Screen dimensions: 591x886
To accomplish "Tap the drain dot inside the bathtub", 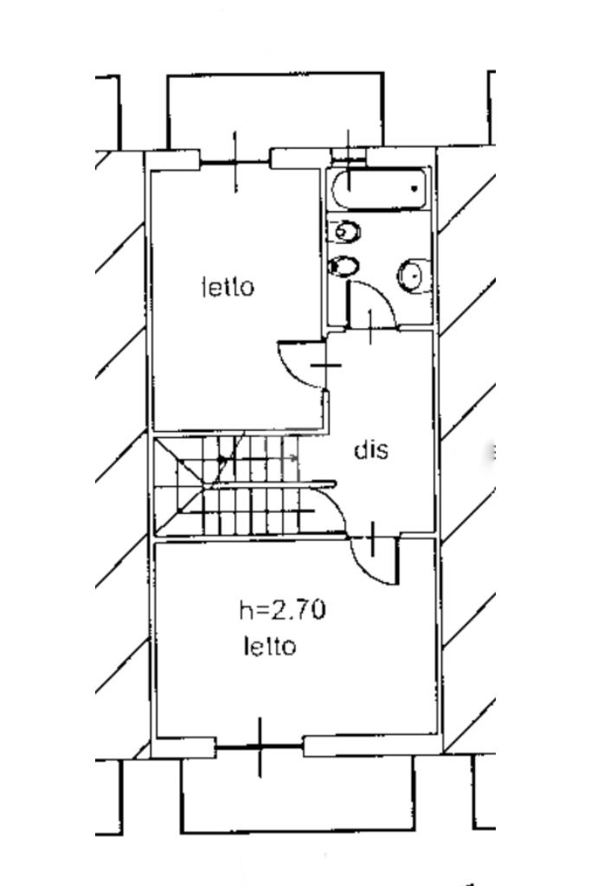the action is point(414,188).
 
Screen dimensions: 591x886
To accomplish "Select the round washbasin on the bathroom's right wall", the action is point(414,276).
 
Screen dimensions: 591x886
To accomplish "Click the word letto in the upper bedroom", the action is point(228,287).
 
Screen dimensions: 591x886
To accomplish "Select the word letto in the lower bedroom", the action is point(270,645).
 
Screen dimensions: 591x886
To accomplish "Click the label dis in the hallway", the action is point(371,450).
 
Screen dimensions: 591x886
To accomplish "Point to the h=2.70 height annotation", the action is point(282,610).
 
